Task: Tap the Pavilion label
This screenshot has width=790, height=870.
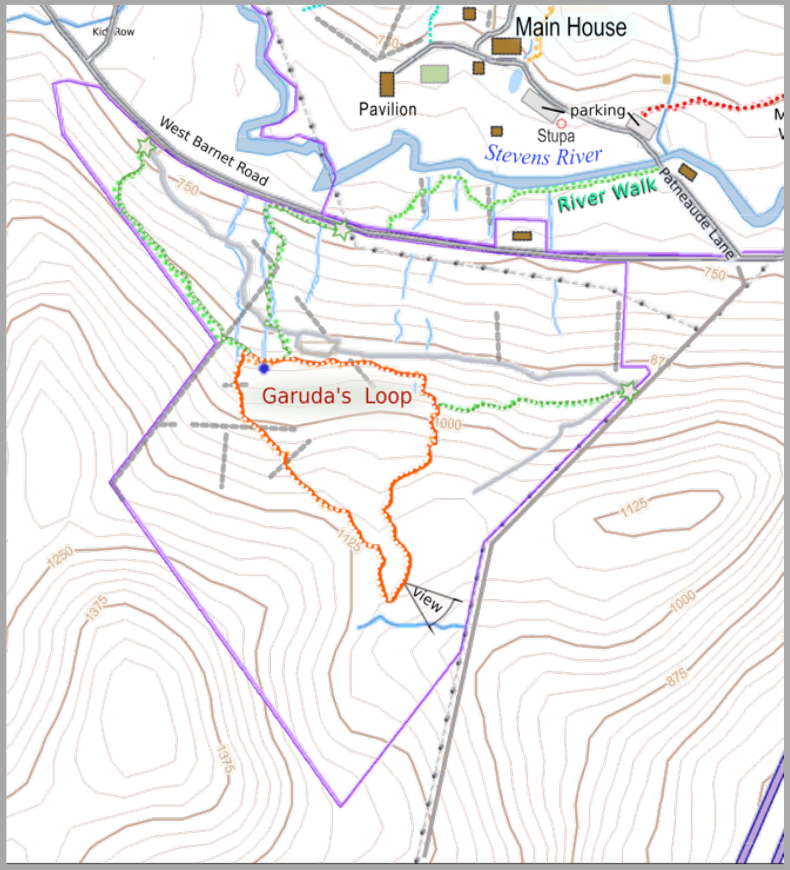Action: click(388, 110)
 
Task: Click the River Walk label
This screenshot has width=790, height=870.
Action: click(607, 195)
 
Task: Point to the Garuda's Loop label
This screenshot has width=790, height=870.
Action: click(337, 396)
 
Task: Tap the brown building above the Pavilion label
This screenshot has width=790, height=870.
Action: click(387, 84)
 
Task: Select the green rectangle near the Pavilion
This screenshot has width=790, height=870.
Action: click(434, 74)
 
